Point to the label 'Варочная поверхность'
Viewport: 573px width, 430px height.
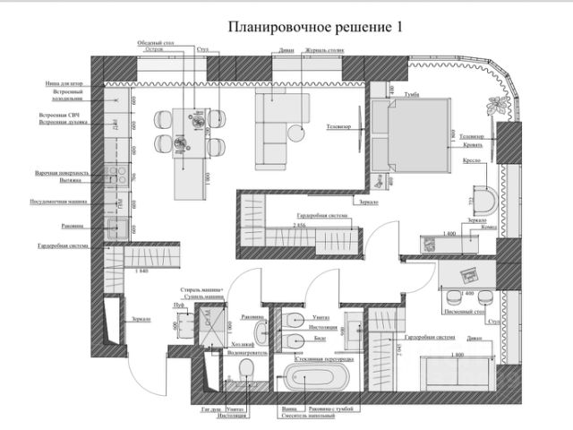[x=63, y=172]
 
